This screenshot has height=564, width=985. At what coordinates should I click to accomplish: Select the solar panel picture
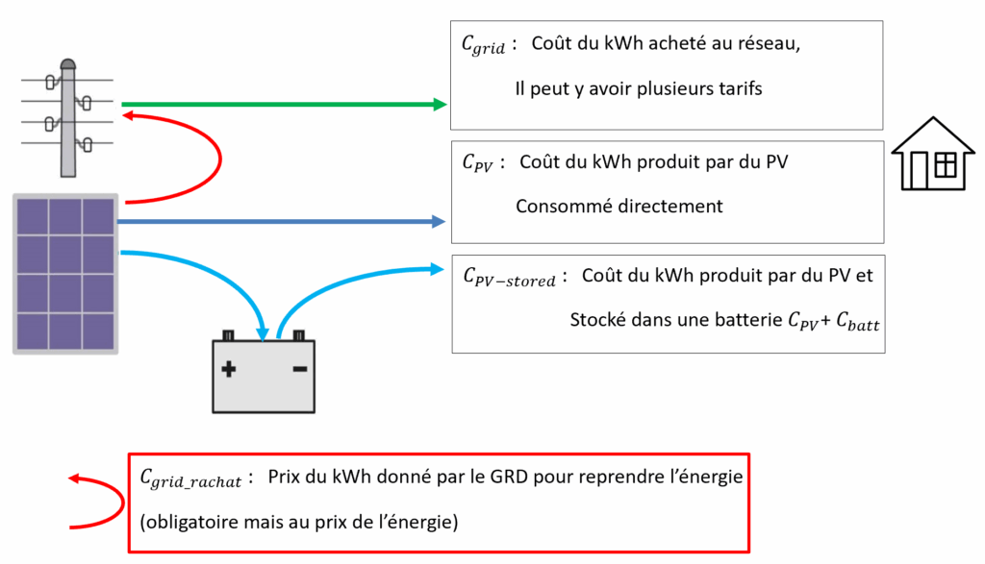coord(65,273)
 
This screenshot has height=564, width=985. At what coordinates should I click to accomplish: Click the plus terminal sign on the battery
coord(229,368)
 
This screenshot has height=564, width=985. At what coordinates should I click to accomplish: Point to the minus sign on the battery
coord(299,368)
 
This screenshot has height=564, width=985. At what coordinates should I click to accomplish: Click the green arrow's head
coord(440,104)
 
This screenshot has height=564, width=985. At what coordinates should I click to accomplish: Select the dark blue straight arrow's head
coord(439,222)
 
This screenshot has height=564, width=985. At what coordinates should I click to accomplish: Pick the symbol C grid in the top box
coord(483,46)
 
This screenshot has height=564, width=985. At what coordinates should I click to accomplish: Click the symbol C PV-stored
coord(509,279)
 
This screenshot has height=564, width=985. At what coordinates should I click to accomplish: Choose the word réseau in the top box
coord(761,45)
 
